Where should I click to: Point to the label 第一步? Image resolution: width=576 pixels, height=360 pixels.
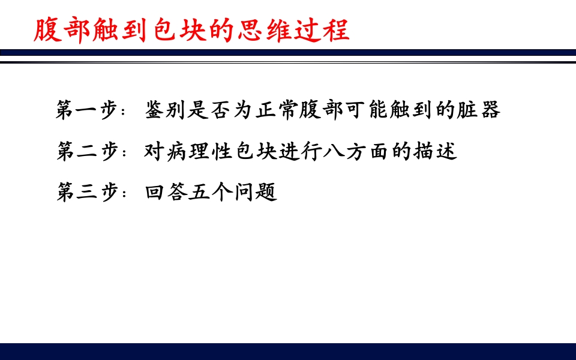coord(85,110)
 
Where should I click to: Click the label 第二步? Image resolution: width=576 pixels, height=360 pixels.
coord(85,151)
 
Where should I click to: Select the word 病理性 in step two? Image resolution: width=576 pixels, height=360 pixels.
coord(199,151)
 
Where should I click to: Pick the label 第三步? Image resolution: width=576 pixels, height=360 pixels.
coord(85,193)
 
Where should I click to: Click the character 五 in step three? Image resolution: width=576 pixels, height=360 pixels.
coord(199,193)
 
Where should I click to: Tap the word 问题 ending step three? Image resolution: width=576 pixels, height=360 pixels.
coord(255,193)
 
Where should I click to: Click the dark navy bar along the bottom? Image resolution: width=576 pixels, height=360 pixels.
coord(288,351)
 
